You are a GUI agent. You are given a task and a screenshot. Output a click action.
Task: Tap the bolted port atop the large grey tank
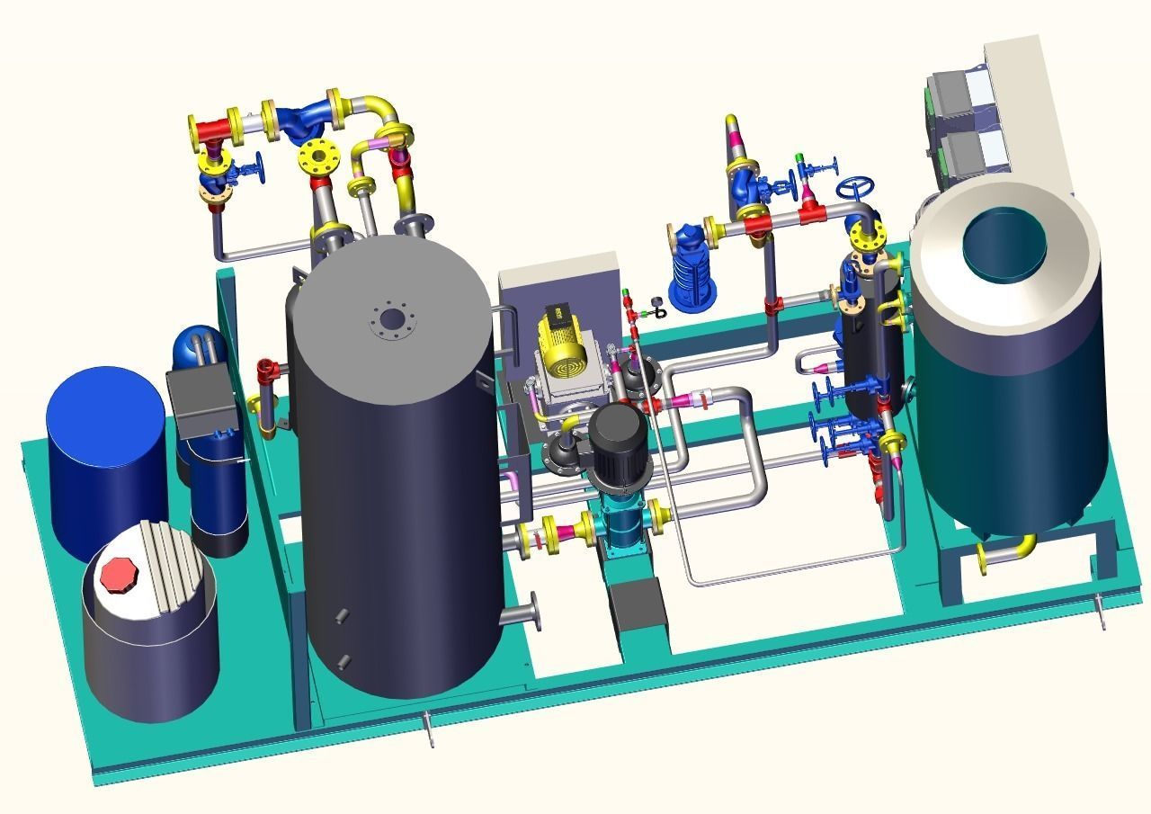[391, 318]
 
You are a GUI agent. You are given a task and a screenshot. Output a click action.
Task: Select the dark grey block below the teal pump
[637, 603]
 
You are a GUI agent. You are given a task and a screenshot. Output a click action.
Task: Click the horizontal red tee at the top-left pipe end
[212, 130]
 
